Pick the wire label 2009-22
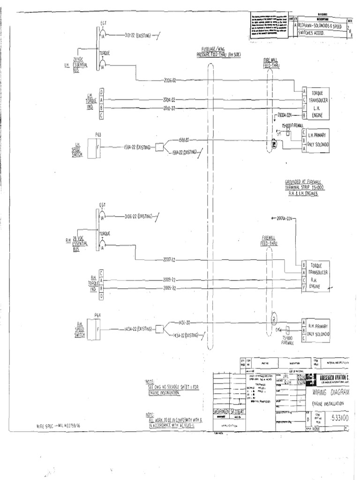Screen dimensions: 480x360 click(169, 279)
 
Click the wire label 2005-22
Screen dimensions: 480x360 click(169, 288)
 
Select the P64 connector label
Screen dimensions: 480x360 click(97, 315)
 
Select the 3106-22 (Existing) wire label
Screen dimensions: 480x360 click(140, 217)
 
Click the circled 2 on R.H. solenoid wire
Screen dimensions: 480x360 click(274, 320)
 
